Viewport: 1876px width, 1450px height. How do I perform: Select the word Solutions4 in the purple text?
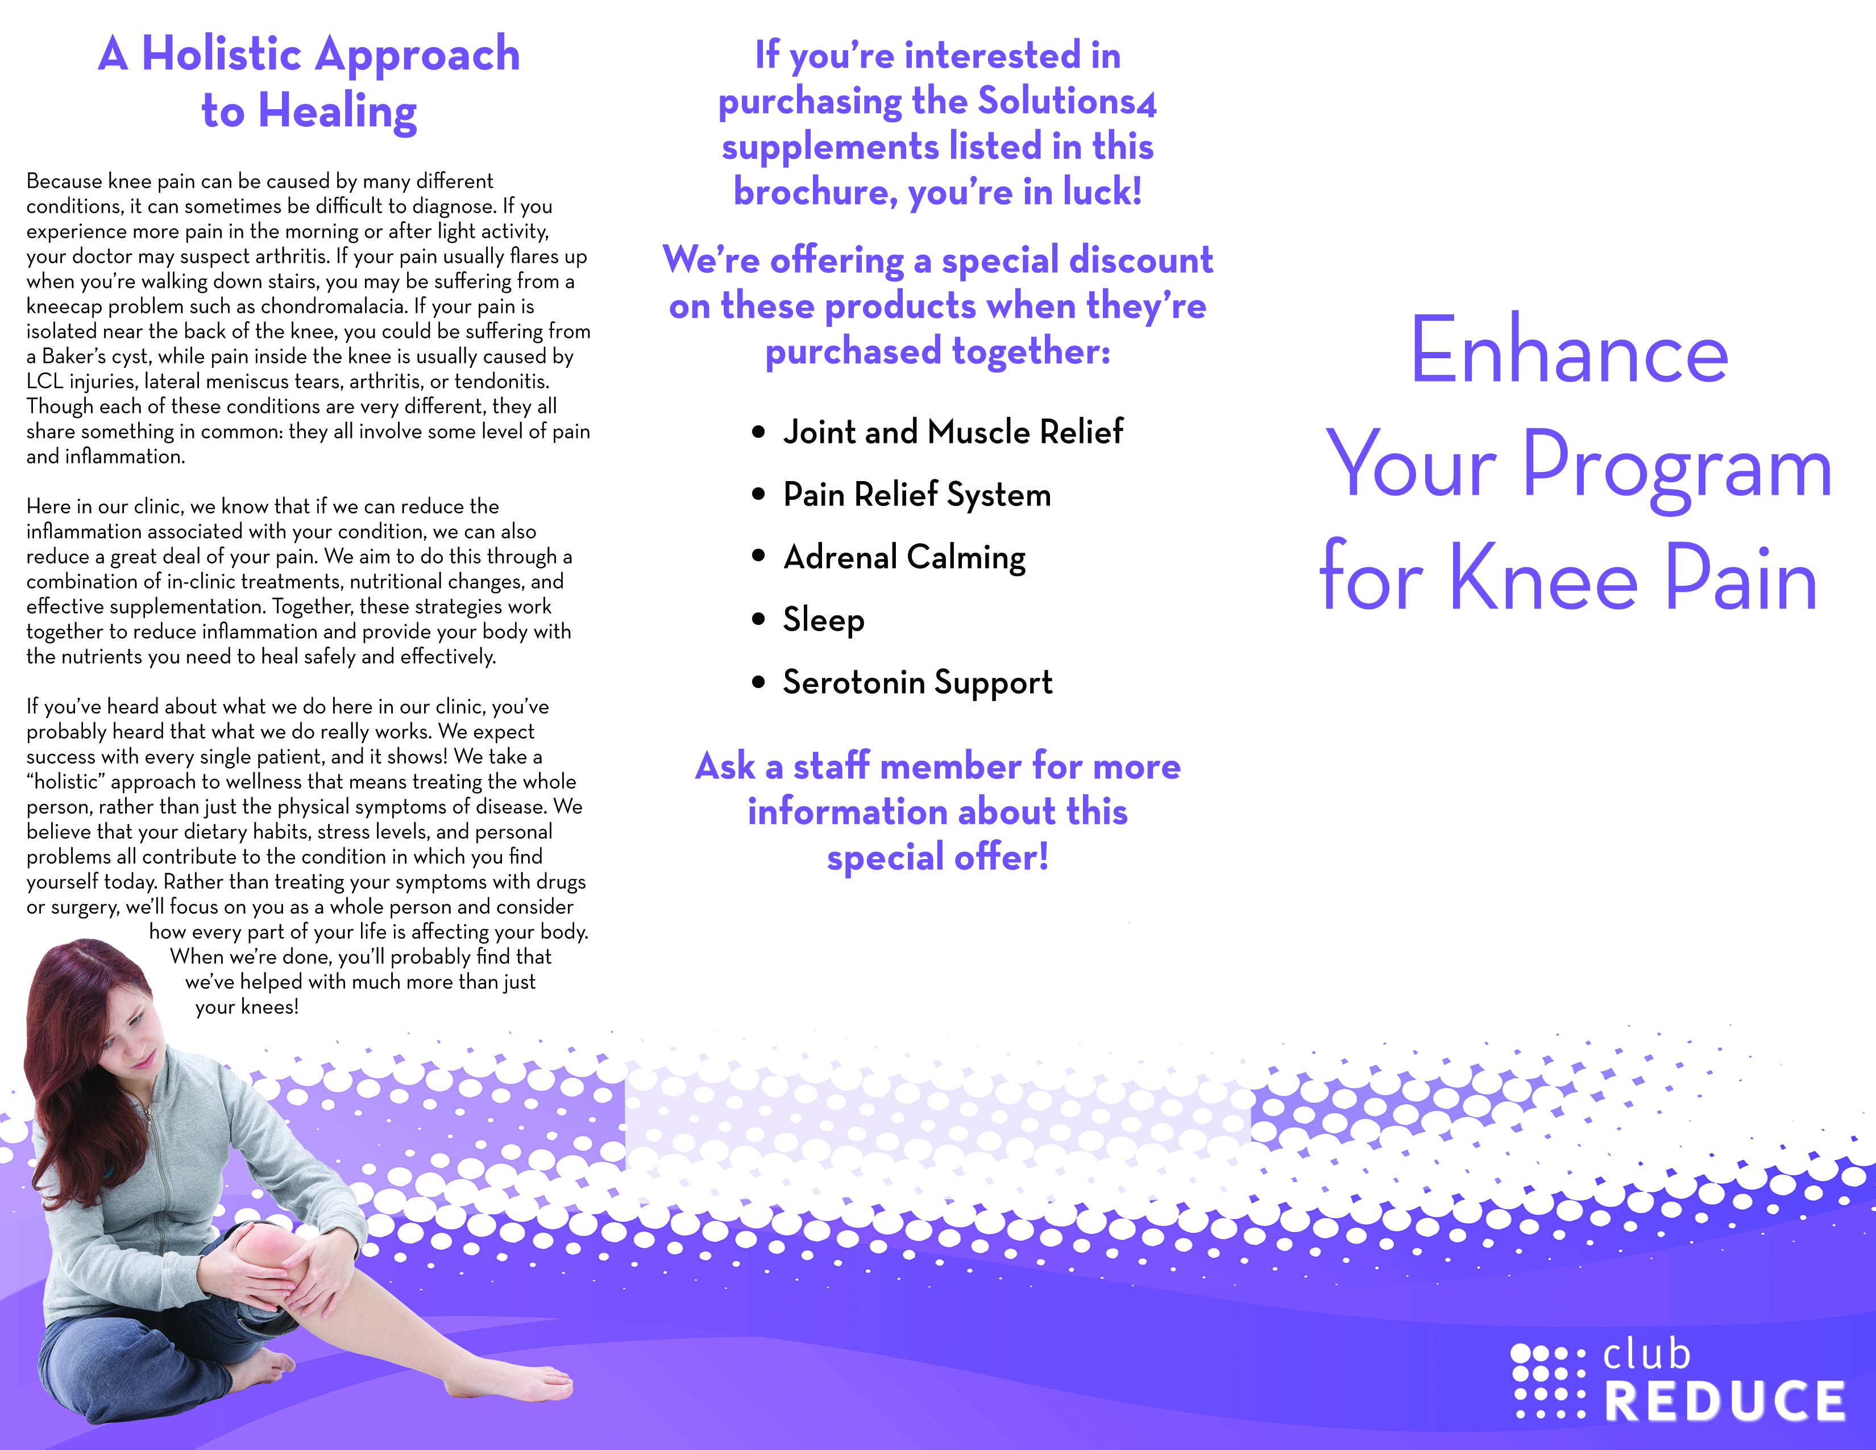tap(1068, 101)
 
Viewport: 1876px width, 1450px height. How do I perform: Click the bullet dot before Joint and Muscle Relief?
tap(758, 432)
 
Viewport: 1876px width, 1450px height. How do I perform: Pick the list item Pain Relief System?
tap(916, 495)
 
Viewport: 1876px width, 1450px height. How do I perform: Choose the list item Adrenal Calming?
tap(904, 557)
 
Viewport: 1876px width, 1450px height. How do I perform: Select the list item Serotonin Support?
tap(918, 683)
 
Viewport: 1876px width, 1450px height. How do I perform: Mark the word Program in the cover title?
tap(1676, 468)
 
